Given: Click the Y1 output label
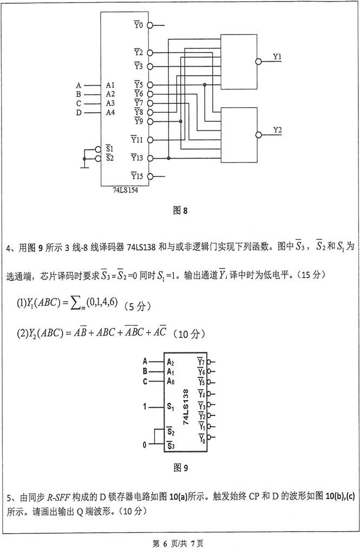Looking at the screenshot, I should click(277, 56).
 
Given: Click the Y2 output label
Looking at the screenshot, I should click(277, 130).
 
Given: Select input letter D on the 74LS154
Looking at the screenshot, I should click(78, 113).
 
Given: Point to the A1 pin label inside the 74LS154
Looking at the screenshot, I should click(110, 85).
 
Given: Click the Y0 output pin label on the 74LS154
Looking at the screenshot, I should click(138, 25).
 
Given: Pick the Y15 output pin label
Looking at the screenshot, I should click(136, 176).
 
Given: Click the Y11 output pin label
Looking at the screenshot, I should click(136, 140).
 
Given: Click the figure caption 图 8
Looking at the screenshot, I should click(180, 211).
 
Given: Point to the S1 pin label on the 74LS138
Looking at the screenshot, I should click(170, 406).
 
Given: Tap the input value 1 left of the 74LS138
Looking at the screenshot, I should click(145, 406).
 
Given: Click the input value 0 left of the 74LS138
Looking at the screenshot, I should click(145, 445).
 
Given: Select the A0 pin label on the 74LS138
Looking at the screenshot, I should click(170, 381).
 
